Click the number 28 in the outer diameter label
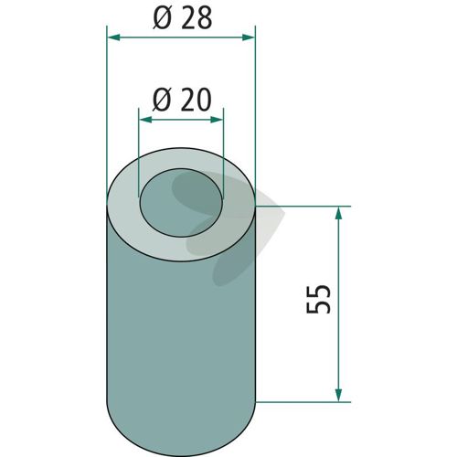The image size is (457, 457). point(197,19)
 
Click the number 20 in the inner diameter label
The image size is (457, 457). point(196,100)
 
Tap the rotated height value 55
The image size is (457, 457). point(318,299)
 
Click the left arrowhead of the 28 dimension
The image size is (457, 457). point(114,37)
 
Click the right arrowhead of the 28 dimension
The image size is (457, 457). point(248,37)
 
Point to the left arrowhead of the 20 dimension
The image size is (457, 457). point(145,120)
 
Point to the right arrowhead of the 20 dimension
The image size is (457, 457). point(217,120)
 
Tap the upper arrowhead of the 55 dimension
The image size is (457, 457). point(338,213)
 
